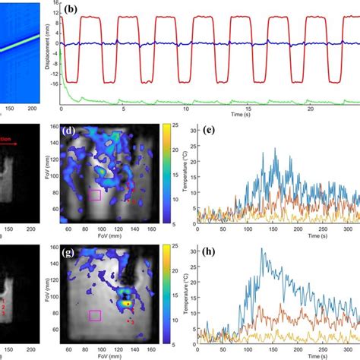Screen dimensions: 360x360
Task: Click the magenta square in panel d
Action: (x=94, y=195)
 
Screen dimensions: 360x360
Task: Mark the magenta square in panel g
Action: (x=95, y=314)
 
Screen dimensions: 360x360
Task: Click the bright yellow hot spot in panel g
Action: (x=128, y=302)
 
